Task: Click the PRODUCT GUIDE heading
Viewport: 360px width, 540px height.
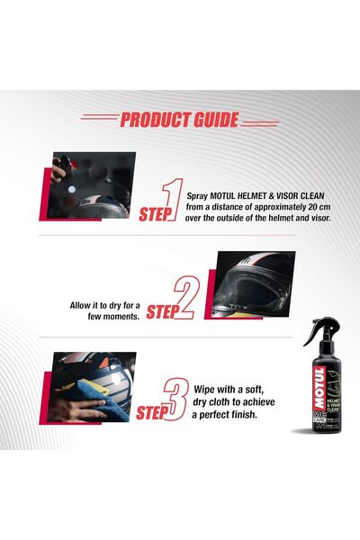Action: [179, 120]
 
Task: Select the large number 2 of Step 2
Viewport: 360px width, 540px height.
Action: [185, 300]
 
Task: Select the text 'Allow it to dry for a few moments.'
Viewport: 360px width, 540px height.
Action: [103, 311]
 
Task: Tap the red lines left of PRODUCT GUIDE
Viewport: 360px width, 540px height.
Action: [99, 117]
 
